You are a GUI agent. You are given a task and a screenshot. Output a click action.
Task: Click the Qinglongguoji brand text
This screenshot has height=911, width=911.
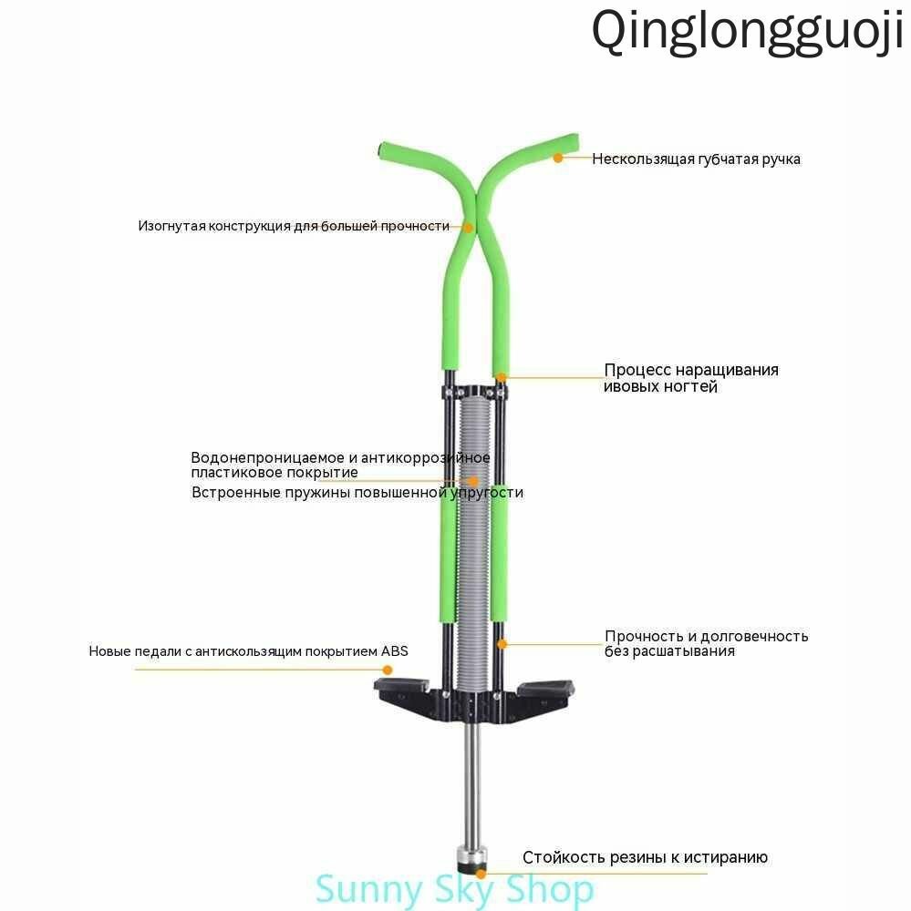tap(748, 33)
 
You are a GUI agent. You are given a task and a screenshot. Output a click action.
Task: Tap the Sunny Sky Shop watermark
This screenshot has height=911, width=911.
tap(454, 889)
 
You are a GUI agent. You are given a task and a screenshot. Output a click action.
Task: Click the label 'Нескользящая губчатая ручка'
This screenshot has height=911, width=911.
tap(696, 159)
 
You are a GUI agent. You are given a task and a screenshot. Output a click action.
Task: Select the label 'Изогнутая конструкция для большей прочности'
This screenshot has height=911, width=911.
tap(294, 226)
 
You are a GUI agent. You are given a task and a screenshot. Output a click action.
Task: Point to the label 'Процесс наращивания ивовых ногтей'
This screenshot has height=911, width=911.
tap(690, 378)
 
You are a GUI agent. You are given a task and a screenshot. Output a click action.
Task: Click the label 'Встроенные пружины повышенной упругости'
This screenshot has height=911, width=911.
tap(357, 493)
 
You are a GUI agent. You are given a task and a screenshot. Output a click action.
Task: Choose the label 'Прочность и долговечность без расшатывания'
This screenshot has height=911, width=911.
tap(706, 644)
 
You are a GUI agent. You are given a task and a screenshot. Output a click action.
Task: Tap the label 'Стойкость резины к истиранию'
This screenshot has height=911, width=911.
tap(645, 857)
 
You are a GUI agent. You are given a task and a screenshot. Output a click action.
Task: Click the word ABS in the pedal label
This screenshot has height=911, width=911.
tap(395, 651)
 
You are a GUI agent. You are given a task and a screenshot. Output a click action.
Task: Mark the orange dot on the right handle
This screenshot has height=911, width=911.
tap(558, 158)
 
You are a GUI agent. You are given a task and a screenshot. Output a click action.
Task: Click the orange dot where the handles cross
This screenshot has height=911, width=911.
tap(468, 227)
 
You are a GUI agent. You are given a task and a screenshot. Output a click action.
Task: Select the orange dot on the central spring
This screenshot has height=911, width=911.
tap(473, 481)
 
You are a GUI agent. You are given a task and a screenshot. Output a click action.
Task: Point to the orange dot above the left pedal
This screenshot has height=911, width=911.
tap(387, 670)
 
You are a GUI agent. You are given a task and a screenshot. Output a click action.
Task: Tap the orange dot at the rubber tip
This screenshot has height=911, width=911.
tap(481, 874)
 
